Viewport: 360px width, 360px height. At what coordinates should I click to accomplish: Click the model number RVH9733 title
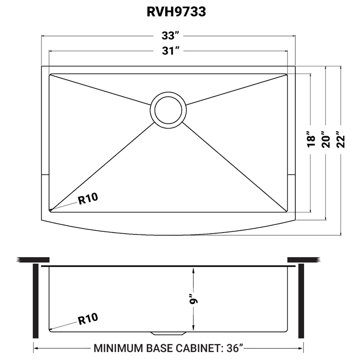(176, 12)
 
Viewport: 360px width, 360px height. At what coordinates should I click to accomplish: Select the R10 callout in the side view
(88, 318)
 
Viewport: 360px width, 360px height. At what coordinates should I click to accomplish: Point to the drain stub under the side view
(168, 332)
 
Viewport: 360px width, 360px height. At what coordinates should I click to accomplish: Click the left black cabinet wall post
(36, 301)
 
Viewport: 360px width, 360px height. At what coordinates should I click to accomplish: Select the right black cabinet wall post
(301, 301)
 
